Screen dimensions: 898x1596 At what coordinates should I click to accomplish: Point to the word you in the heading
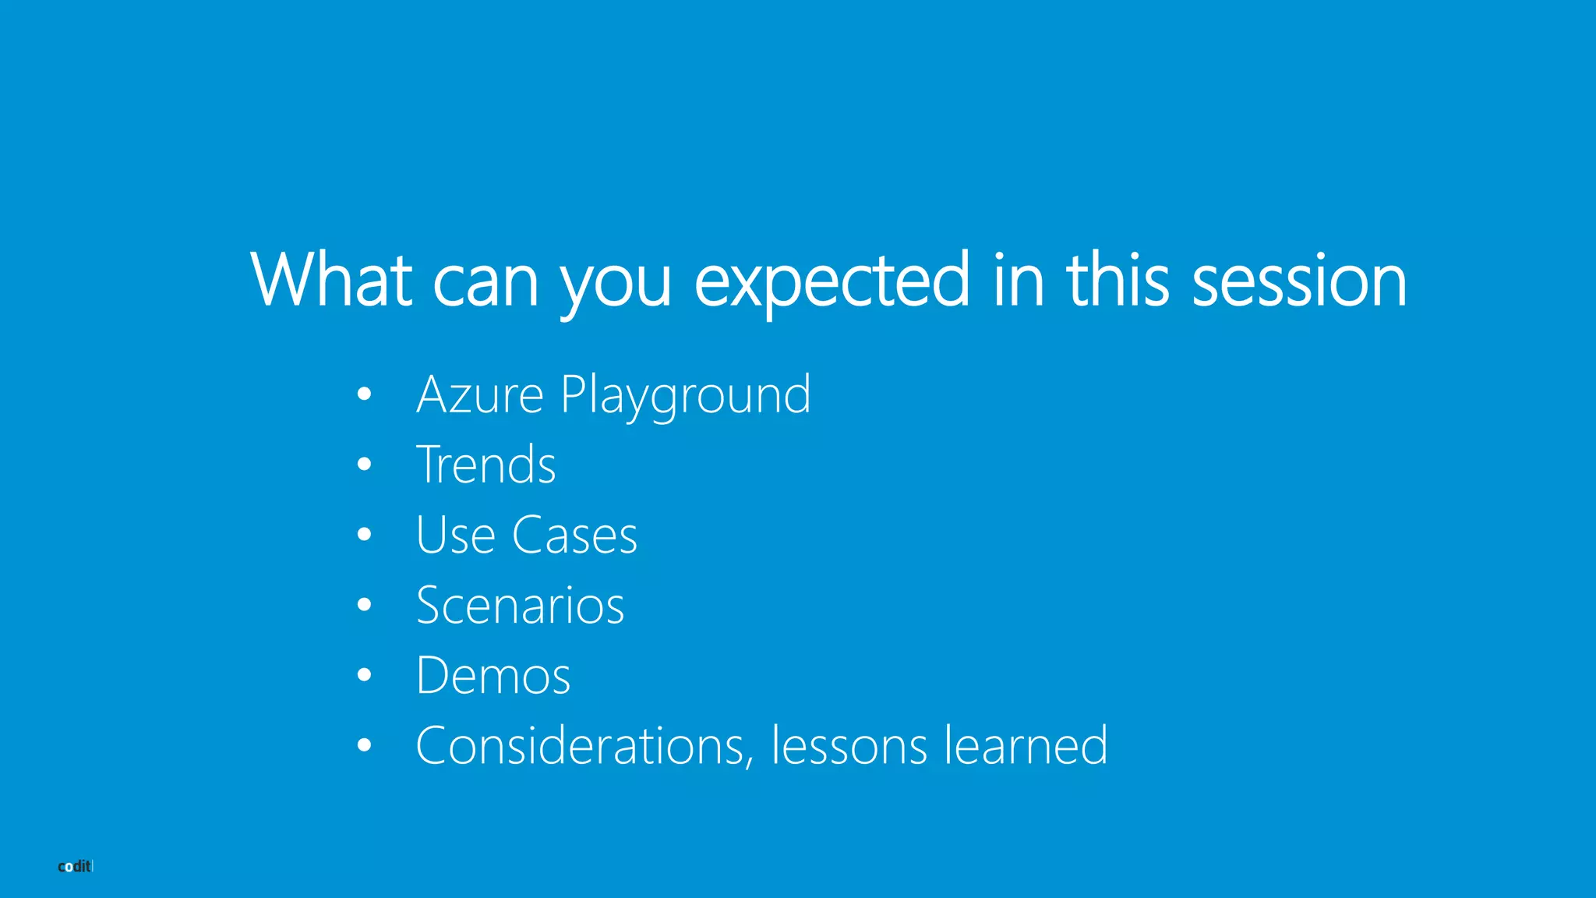click(615, 285)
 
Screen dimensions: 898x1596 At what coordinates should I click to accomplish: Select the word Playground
click(686, 396)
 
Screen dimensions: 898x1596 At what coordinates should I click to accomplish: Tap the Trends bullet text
click(486, 465)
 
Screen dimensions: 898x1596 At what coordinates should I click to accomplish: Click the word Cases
click(574, 536)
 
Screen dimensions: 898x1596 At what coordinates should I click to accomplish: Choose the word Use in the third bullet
click(456, 536)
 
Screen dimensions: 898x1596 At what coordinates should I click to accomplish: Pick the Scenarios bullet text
click(520, 606)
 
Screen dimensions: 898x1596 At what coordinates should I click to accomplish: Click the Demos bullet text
click(493, 675)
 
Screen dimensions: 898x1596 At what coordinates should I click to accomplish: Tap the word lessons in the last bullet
click(849, 746)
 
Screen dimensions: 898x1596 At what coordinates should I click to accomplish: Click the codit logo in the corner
click(76, 866)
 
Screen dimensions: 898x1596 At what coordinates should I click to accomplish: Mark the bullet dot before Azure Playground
click(364, 394)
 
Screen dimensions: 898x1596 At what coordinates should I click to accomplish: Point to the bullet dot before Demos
click(364, 675)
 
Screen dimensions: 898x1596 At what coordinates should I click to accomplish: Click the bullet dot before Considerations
click(364, 745)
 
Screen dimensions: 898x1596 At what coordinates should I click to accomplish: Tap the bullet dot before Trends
click(364, 465)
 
